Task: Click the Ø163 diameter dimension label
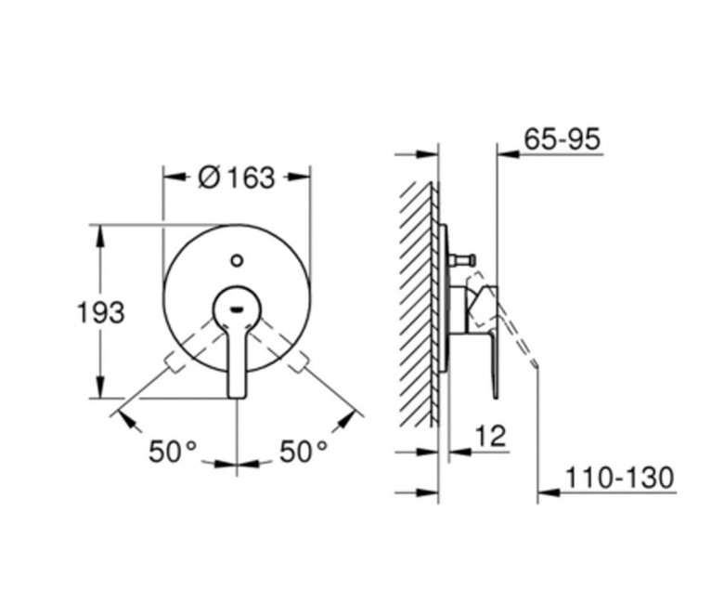[x=237, y=177]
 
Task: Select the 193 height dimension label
[x=100, y=312]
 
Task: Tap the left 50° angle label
[x=173, y=451]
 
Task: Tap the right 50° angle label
[x=304, y=451]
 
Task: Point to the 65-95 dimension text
[x=562, y=138]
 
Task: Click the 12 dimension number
[x=491, y=435]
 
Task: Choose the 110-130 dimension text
[x=620, y=478]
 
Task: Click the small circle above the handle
[x=237, y=260]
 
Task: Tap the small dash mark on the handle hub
[x=237, y=309]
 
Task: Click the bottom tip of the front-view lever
[x=237, y=397]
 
